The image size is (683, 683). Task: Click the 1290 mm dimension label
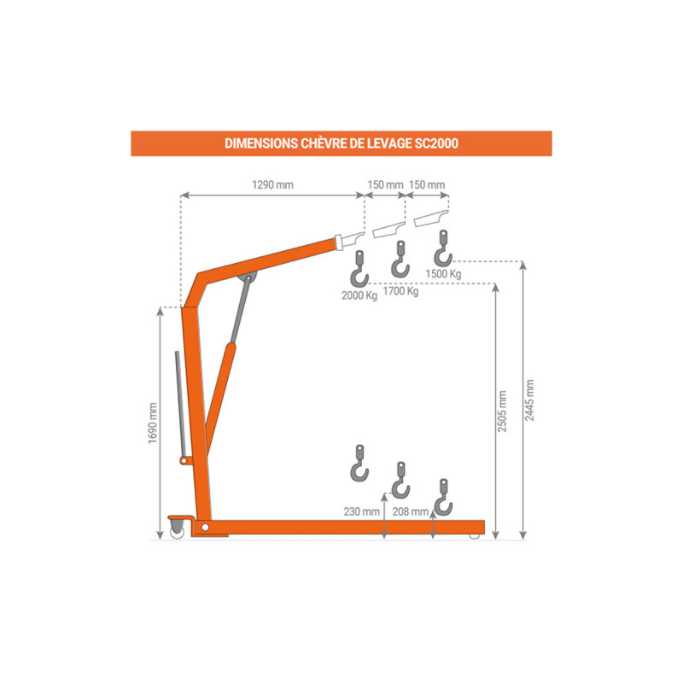tap(272, 184)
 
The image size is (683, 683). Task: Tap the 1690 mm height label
tap(153, 423)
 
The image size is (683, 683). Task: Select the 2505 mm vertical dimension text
tap(502, 412)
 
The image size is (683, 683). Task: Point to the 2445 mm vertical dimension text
tap(529, 400)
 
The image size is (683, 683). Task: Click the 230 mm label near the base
tap(361, 511)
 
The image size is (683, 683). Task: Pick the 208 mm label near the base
tap(411, 511)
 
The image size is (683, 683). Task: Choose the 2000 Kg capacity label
tap(359, 295)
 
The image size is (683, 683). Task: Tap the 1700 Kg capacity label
tap(400, 291)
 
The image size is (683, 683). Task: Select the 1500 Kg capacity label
tap(443, 274)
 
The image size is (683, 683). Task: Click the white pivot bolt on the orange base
tap(205, 528)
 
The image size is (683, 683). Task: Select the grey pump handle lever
tap(180, 404)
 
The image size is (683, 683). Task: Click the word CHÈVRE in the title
tap(324, 143)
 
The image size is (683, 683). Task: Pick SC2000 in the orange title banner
tap(436, 143)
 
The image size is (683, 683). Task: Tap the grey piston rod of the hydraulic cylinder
tap(241, 309)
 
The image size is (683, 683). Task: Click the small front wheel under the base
tap(475, 536)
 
